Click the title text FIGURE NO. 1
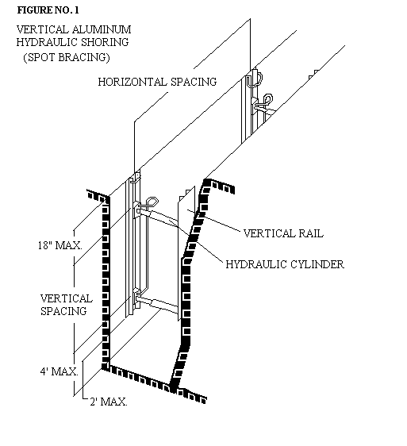point(48,10)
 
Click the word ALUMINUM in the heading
point(102,29)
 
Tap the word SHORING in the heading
point(105,42)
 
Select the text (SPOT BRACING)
point(67,57)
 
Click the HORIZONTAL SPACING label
point(157,82)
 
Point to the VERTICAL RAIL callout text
point(283,233)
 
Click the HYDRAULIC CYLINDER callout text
point(285,264)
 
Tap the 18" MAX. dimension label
point(60,245)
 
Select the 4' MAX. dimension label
point(59,371)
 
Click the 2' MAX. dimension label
point(109,402)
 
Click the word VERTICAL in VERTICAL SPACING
point(67,298)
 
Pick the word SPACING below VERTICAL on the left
point(63,311)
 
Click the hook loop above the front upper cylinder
point(150,202)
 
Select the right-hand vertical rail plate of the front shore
point(186,253)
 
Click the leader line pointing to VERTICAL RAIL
point(214,220)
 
